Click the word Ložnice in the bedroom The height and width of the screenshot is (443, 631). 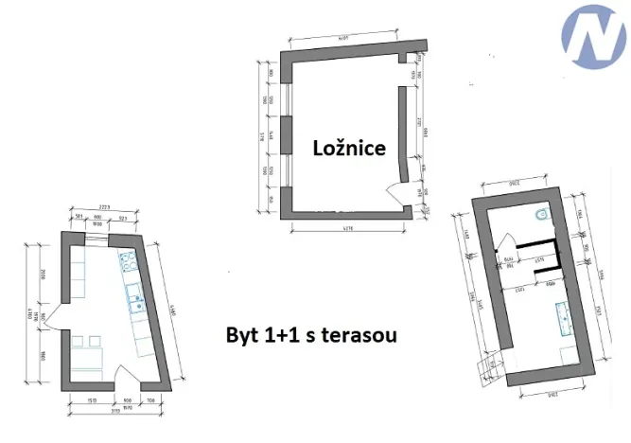click(349, 148)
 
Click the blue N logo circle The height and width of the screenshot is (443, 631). click(593, 41)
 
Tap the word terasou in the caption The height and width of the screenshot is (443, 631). click(360, 334)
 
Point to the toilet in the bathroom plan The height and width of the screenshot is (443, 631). click(539, 217)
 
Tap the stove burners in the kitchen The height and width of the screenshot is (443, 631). click(128, 261)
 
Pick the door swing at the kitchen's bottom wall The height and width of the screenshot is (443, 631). click(125, 376)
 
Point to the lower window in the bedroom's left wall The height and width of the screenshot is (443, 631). click(286, 169)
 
